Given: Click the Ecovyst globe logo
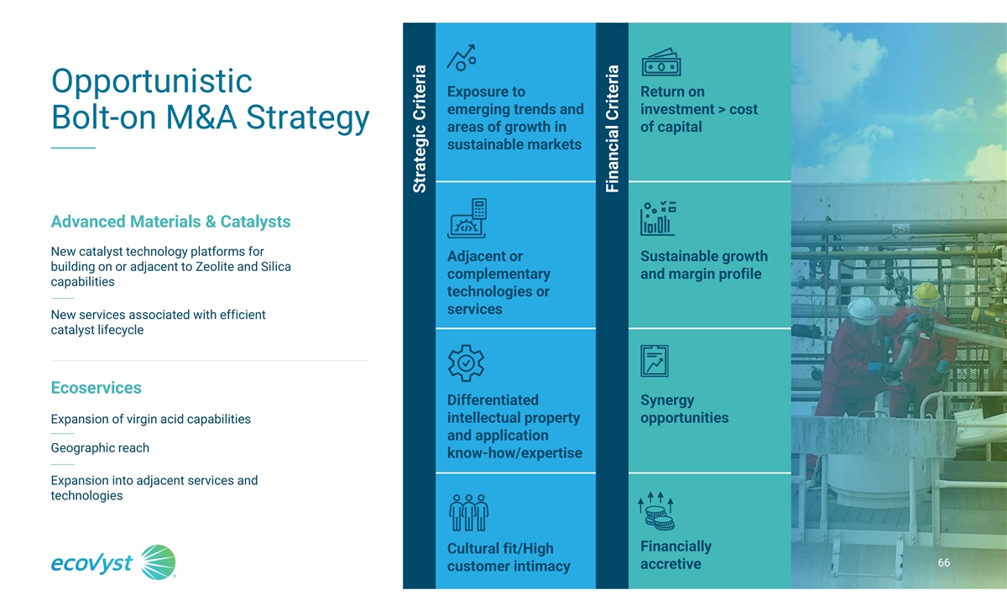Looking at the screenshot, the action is coord(158,562).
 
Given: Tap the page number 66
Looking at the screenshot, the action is coord(943,562).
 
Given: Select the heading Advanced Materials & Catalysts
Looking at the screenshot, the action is coord(170,222).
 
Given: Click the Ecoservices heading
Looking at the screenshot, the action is coord(96,388).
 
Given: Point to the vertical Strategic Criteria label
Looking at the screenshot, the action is coord(419,129).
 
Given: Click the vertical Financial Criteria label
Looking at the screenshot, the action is coord(613,129).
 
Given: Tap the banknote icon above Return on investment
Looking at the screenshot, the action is coord(661,62).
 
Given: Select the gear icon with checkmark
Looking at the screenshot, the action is coord(467,363).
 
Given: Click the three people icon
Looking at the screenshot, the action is coord(468,513).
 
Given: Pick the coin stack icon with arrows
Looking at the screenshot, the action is coord(656,511).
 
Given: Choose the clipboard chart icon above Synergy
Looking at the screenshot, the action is coord(655,361).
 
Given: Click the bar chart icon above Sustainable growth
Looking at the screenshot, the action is coord(658,218).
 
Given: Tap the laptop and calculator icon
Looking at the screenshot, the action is coord(467,218).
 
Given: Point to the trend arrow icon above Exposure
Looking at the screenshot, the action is coord(462,58).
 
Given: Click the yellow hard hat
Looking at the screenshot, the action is coord(926,295).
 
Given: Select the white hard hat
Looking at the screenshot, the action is coord(863,311).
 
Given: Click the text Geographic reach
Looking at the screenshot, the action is coord(100,448).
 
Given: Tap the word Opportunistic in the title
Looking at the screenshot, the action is coord(152,81).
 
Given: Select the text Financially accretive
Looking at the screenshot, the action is coord(676,555).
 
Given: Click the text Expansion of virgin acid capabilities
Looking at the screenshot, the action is coord(150,419).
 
